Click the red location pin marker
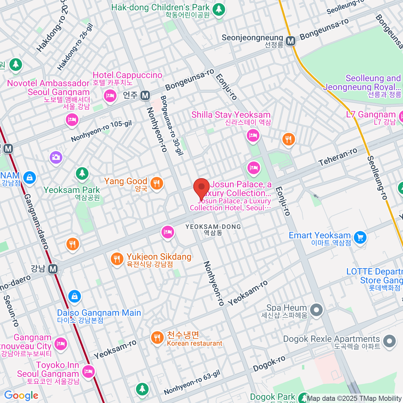click(201, 187)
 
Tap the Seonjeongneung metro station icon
click(290, 41)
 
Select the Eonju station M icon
click(145, 96)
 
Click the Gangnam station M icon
click(53, 269)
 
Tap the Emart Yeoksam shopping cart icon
click(360, 237)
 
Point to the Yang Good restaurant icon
click(156, 183)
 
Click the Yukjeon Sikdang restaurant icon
click(117, 259)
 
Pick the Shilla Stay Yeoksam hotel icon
click(253, 136)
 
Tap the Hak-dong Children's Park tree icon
click(219, 9)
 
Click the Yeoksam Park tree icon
click(82, 173)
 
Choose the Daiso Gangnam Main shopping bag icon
click(74, 296)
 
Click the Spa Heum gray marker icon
click(316, 310)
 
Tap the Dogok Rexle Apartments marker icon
click(390, 341)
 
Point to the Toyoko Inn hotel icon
click(88, 371)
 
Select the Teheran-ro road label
click(338, 157)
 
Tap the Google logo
click(21, 395)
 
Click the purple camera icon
click(56, 157)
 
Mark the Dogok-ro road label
click(269, 363)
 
